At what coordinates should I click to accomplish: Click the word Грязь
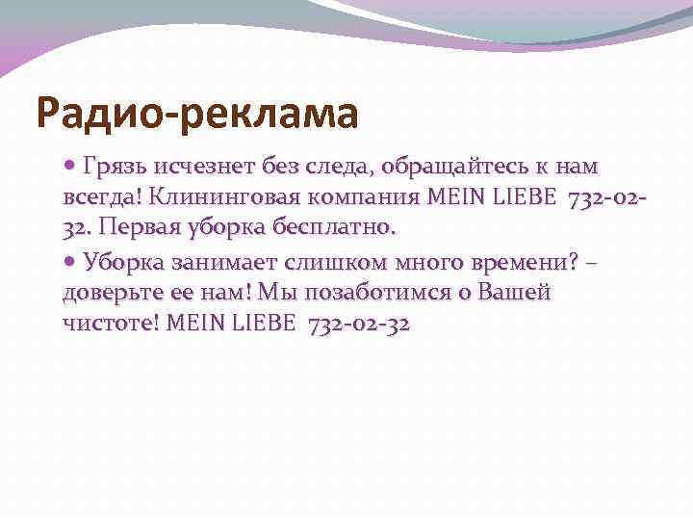pyautogui.click(x=113, y=169)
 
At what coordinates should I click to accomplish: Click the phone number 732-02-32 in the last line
pyautogui.click(x=359, y=324)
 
